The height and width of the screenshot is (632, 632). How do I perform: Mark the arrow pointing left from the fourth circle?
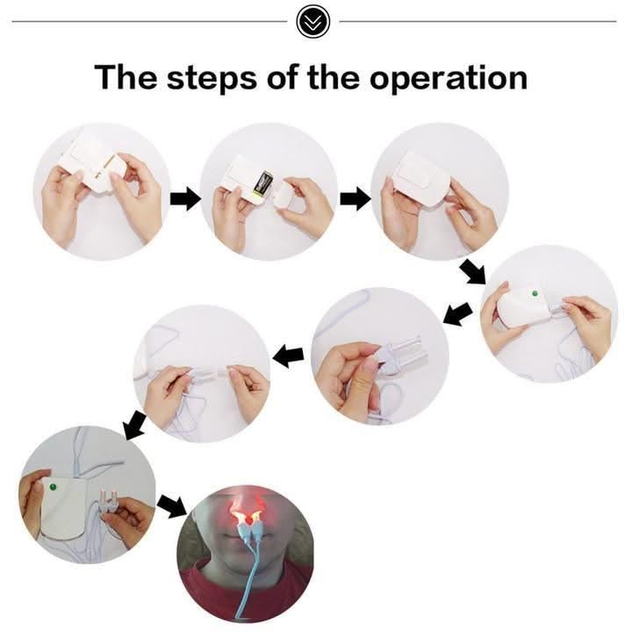[x=457, y=312]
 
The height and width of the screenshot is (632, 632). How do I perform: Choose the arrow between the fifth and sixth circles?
[x=288, y=355]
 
